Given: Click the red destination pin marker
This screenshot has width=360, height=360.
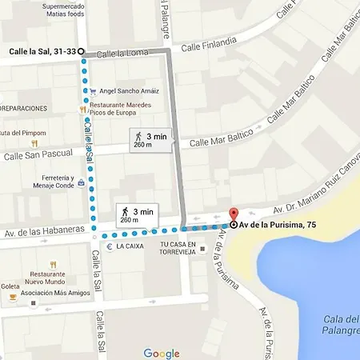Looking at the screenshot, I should [234, 215].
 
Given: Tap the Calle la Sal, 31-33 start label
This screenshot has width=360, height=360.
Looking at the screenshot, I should [42, 51].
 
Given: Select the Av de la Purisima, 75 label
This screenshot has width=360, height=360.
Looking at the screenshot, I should [279, 225].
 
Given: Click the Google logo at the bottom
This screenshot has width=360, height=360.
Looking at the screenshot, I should [162, 353].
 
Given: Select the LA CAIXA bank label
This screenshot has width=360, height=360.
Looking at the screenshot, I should [130, 246].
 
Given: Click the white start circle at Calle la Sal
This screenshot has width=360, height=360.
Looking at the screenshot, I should [81, 51].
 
